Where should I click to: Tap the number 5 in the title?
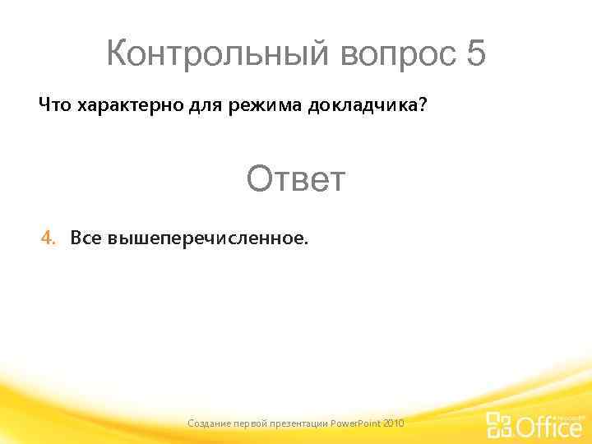tap(475, 55)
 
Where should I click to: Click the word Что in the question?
tap(55, 106)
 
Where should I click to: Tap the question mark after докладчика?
tap(423, 106)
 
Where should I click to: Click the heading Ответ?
tap(296, 178)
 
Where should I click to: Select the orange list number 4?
tap(49, 238)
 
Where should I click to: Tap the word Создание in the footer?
tap(210, 423)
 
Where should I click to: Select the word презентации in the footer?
tap(302, 423)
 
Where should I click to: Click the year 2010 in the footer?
tap(394, 423)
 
